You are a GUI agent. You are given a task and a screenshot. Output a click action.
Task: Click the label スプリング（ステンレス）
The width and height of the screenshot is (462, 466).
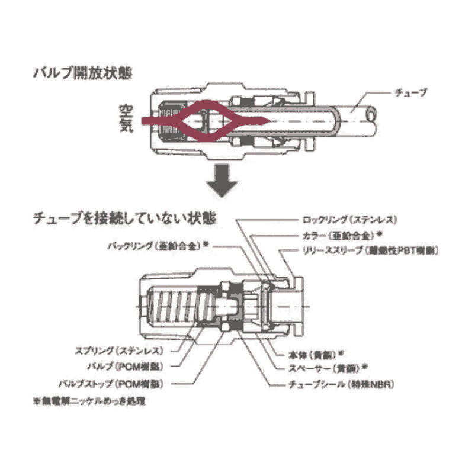pos(118,351)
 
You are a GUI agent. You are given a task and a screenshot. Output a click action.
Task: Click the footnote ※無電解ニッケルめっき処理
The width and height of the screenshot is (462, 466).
pos(89,401)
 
